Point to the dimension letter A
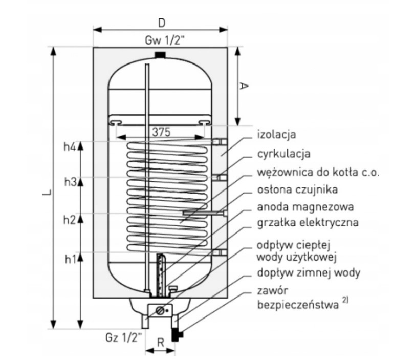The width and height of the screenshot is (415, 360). pyautogui.click(x=244, y=86)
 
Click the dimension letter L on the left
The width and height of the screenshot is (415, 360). pyautogui.click(x=47, y=194)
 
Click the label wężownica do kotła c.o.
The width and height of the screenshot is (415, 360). pyautogui.click(x=317, y=172)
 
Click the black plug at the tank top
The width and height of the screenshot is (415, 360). pyautogui.click(x=160, y=54)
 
